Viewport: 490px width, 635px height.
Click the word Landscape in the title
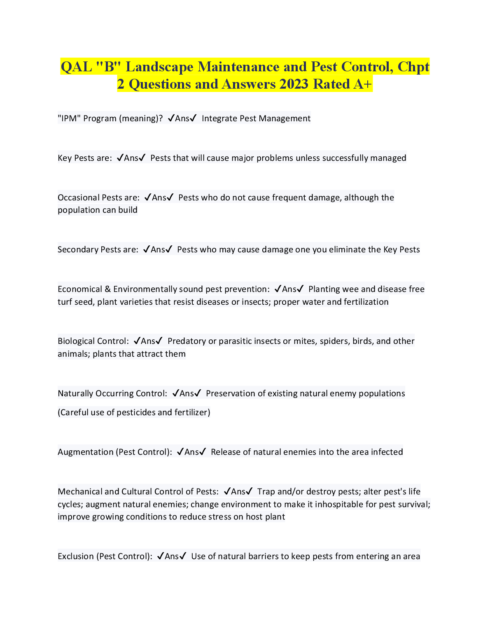point(159,67)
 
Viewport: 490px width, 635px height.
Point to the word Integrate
point(219,118)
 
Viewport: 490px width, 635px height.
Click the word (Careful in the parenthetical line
point(73,412)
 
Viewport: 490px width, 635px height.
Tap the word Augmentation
point(85,452)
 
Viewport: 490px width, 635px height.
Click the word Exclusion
point(76,556)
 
